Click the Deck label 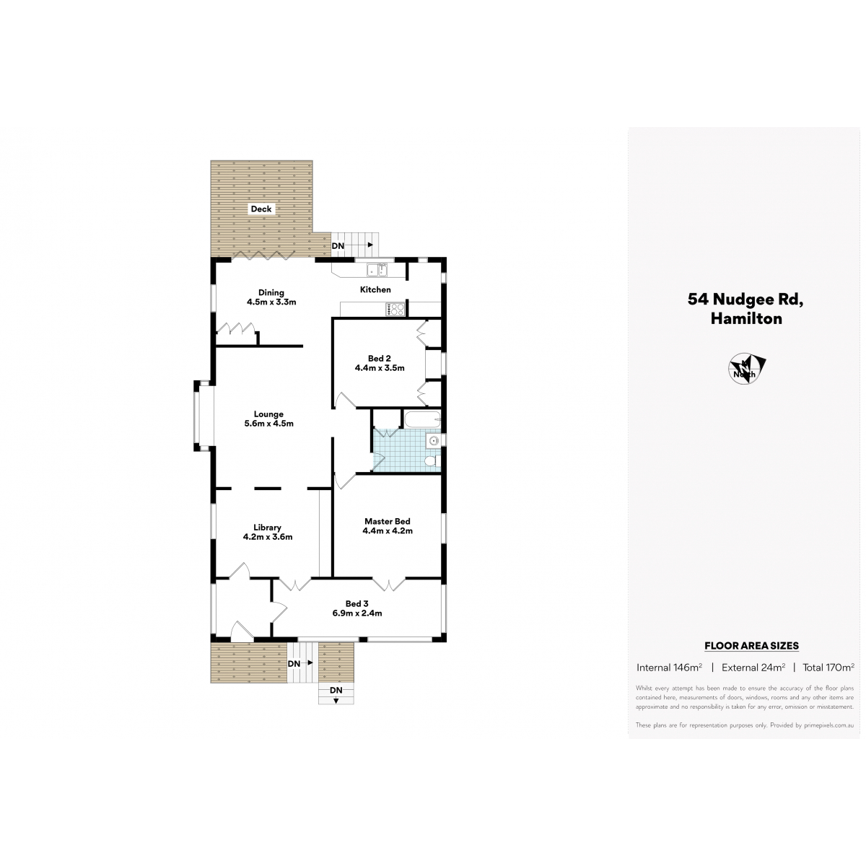coord(261,209)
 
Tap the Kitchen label coord(375,290)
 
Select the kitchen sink coord(377,270)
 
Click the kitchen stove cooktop coord(395,309)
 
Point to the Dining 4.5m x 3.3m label coord(271,297)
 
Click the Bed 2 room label coord(380,363)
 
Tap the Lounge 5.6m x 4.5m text coord(268,419)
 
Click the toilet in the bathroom coord(433,460)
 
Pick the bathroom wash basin coord(433,441)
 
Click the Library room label coord(268,532)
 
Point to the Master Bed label coord(388,526)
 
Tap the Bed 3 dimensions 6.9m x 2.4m coord(357,613)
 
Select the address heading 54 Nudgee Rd coord(745,299)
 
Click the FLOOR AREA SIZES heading coord(751,646)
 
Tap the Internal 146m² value coord(669,668)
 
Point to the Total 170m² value coord(828,668)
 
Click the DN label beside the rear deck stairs coord(338,246)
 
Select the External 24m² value coord(753,668)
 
